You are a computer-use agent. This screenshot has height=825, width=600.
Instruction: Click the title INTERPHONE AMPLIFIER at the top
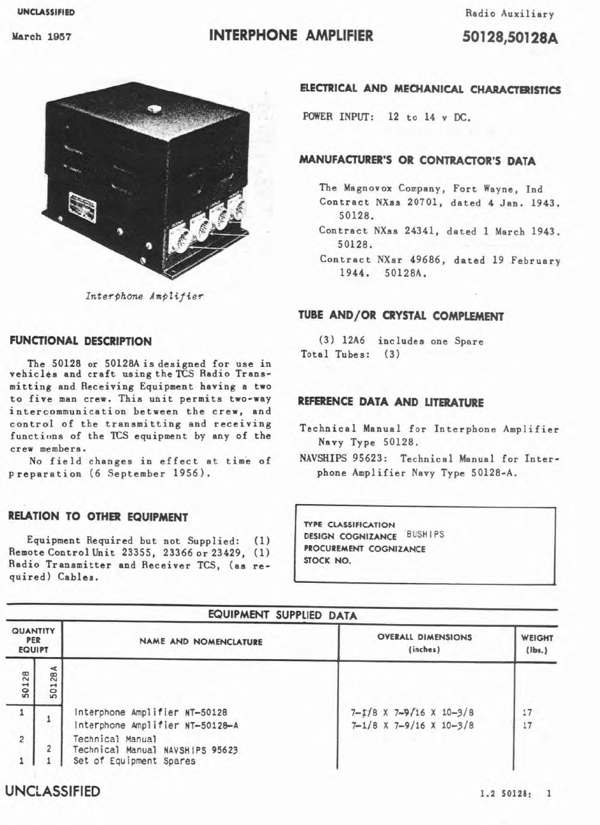291,36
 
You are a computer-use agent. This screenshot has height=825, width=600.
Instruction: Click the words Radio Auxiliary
509,13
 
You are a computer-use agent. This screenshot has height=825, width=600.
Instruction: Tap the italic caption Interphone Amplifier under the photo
144,296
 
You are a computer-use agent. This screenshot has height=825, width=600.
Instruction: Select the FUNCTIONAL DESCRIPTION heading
80,341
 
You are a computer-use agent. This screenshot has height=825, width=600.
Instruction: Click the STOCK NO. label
328,560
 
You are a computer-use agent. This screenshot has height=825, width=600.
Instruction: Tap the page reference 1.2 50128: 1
518,793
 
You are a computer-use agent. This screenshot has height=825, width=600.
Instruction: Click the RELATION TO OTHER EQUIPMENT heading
97,516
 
